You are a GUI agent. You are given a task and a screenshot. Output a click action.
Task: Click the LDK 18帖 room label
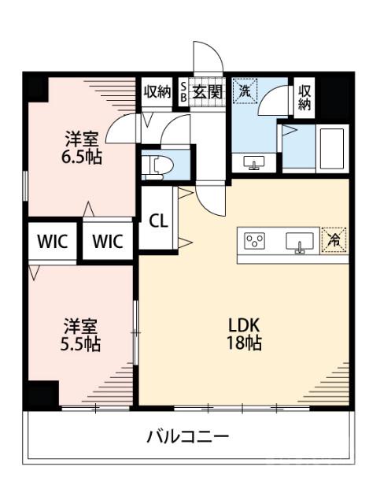point(245,334)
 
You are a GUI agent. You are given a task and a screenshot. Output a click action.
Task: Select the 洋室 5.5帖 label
point(82,334)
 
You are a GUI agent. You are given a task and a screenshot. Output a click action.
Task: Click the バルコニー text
point(186,436)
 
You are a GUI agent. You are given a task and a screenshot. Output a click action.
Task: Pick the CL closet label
point(158,220)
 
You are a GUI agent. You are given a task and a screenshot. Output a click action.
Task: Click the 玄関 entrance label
point(208,91)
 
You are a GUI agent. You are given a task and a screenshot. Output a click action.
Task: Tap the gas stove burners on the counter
point(255,240)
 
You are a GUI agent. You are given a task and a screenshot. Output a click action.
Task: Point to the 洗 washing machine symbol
point(245,91)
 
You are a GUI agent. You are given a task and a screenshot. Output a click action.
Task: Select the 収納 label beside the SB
point(157,91)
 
